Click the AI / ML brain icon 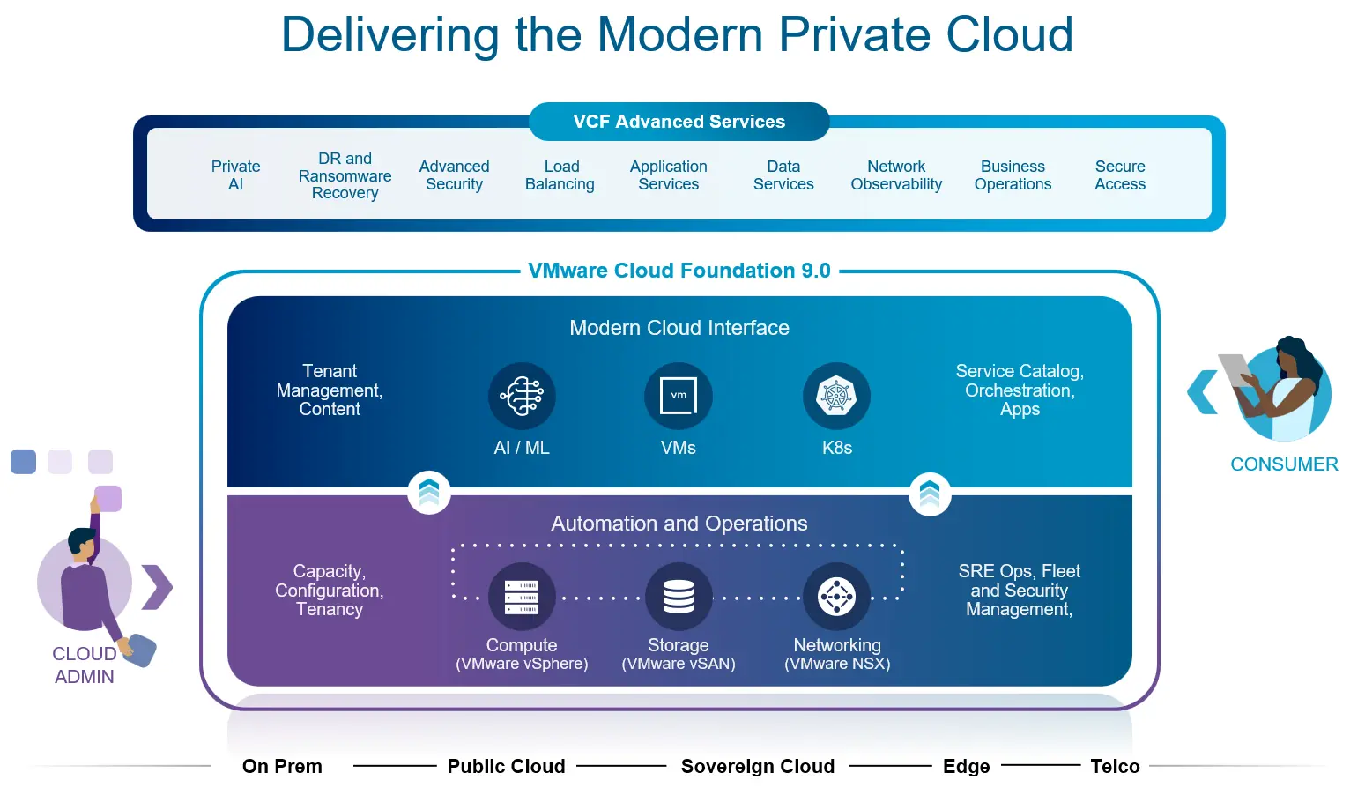[x=522, y=396]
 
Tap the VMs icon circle [x=679, y=396]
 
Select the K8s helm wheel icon [x=836, y=396]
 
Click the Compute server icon [x=522, y=597]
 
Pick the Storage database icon [x=679, y=597]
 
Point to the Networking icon [x=836, y=597]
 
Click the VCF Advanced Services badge [x=679, y=122]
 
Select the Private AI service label [x=235, y=175]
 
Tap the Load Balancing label [x=560, y=175]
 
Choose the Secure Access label [x=1120, y=175]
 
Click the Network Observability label [x=896, y=175]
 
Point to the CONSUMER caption [x=1284, y=464]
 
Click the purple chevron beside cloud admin [x=158, y=587]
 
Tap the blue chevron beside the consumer [x=1203, y=392]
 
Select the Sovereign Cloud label [x=758, y=767]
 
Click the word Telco [x=1115, y=767]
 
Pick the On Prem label [x=282, y=767]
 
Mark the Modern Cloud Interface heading [x=679, y=328]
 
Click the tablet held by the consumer [x=1235, y=368]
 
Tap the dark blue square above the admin [x=23, y=462]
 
